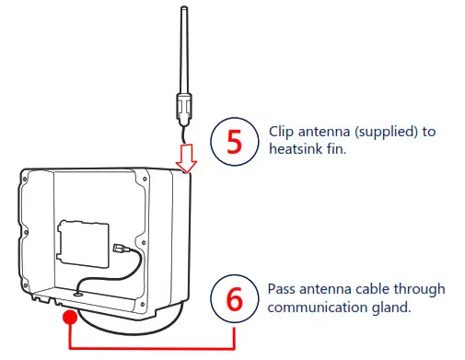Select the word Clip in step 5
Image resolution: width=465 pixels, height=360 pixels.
[281, 132]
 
